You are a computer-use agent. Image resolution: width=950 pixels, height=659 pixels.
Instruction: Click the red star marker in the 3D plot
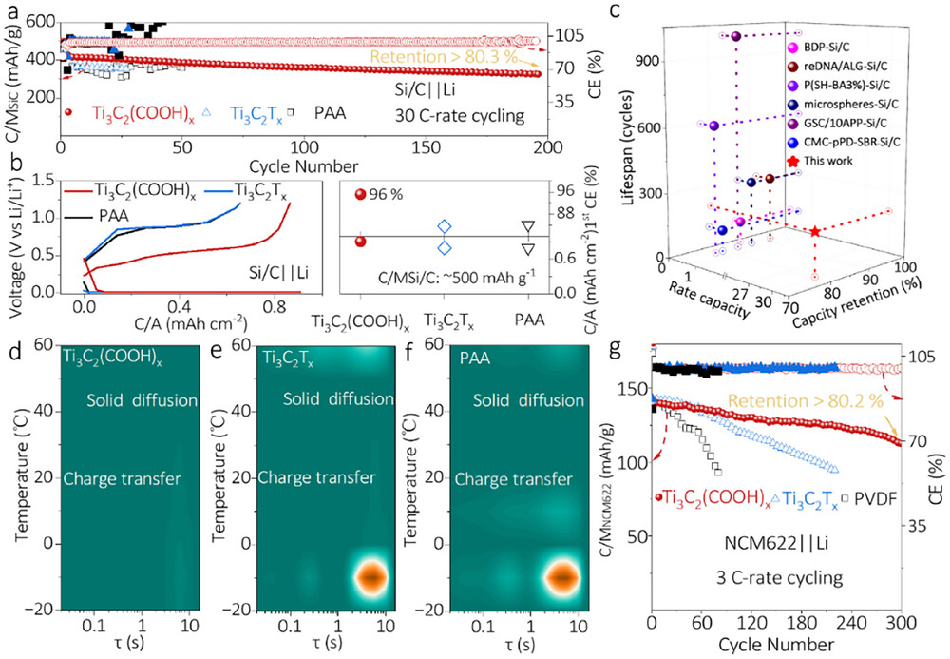(815, 232)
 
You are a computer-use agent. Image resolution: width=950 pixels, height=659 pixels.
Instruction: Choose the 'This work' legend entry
(836, 160)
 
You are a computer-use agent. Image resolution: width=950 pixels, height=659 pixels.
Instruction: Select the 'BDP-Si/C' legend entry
(837, 46)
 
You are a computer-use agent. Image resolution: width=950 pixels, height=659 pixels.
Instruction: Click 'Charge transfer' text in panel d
(120, 477)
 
